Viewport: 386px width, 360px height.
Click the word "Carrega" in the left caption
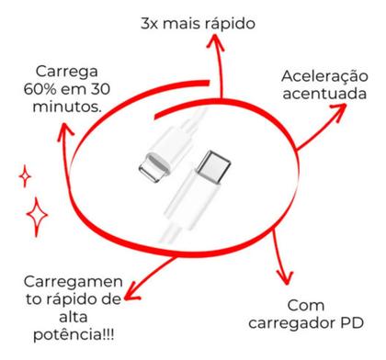coord(68,72)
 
